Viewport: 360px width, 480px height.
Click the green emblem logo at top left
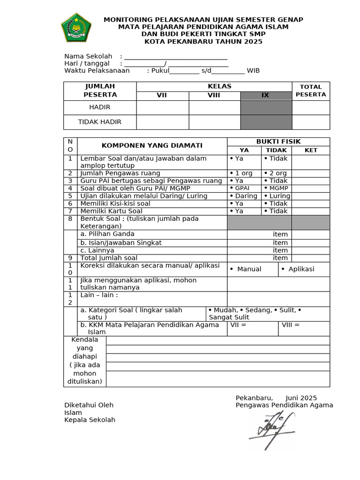(x=76, y=28)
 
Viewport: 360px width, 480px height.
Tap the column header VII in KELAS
(x=162, y=96)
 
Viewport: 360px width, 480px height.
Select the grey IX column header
(x=265, y=96)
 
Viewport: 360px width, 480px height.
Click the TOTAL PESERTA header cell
(x=311, y=91)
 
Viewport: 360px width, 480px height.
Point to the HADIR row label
(x=100, y=107)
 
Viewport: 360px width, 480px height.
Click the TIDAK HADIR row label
(x=100, y=122)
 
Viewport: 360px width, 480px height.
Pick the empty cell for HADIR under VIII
(x=214, y=107)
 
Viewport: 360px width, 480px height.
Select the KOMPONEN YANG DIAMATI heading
(x=152, y=146)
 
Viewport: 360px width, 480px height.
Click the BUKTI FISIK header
(x=278, y=142)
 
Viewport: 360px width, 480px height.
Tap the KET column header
(x=311, y=150)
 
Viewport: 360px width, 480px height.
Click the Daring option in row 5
(x=244, y=196)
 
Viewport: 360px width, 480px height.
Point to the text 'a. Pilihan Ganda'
(x=107, y=234)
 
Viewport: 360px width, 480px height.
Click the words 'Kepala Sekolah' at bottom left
(x=90, y=420)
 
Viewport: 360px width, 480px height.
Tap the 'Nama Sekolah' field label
(x=88, y=57)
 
